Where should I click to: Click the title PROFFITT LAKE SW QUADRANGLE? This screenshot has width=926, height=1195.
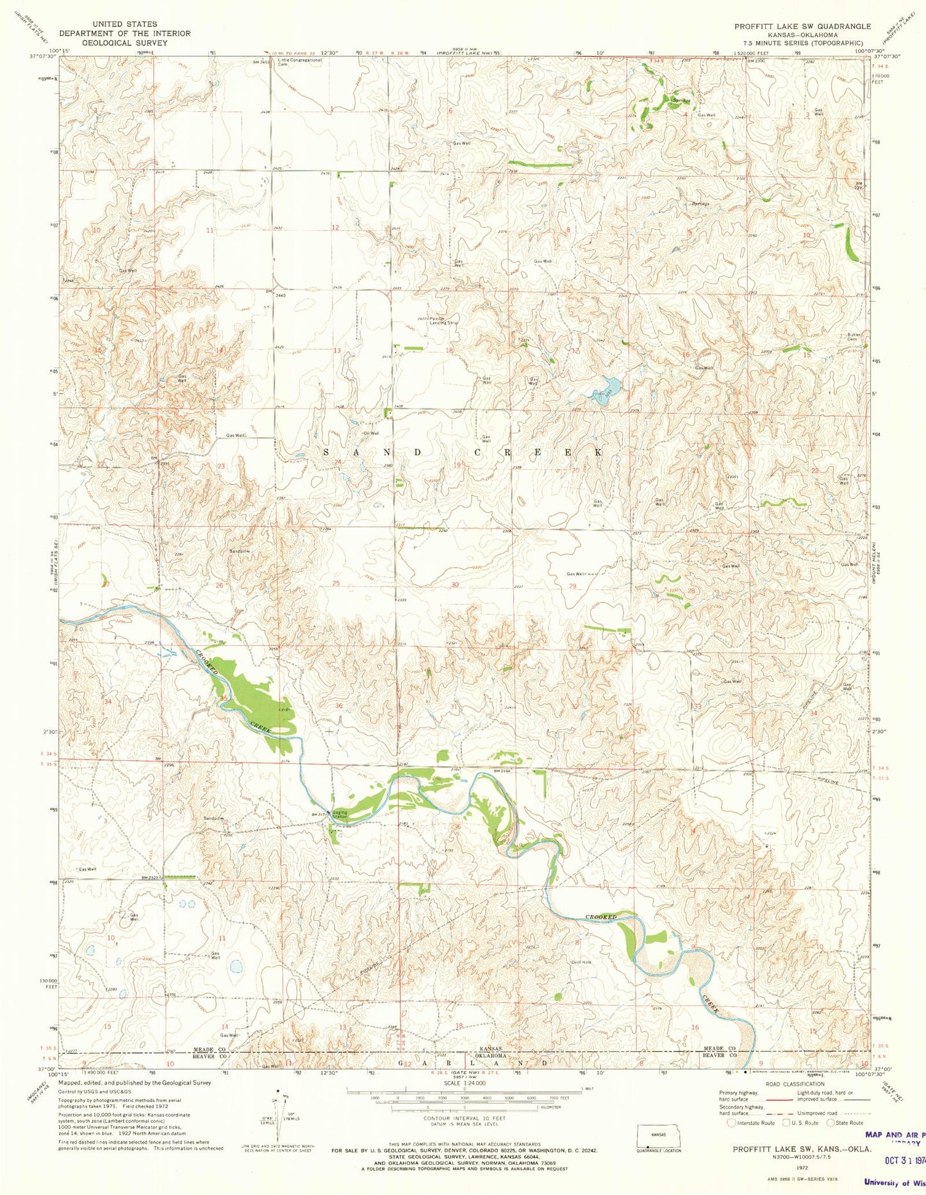(x=802, y=26)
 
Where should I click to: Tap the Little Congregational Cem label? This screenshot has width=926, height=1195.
(x=299, y=62)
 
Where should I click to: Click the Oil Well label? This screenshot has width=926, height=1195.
(x=371, y=433)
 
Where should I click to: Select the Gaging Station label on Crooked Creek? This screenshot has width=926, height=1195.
(x=339, y=815)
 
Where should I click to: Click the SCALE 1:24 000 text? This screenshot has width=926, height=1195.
(x=464, y=1083)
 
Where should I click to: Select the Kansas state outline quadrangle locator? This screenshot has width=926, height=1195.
(x=656, y=1135)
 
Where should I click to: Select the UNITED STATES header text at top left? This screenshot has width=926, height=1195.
(x=124, y=24)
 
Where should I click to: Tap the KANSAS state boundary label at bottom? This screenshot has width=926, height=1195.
(x=489, y=1049)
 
